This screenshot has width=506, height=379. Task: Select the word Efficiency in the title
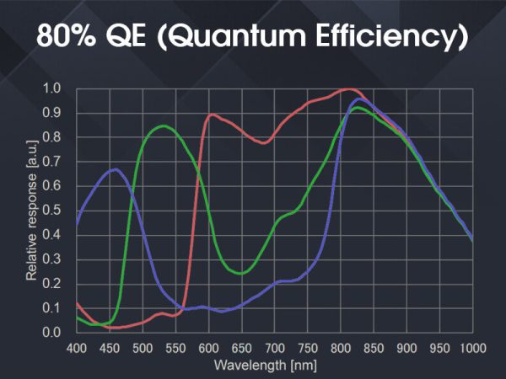point(389,36)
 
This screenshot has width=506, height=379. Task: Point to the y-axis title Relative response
point(31,211)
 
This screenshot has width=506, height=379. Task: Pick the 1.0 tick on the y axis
point(52,88)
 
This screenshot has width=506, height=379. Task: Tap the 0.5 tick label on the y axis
point(52,210)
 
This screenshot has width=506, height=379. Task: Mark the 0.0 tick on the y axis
point(52,332)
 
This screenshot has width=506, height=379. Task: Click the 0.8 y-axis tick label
point(52,136)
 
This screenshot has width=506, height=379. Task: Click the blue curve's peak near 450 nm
point(115,169)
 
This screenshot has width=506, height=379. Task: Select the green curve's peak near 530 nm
point(163,125)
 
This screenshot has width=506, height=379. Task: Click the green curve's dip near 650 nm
point(240,273)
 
